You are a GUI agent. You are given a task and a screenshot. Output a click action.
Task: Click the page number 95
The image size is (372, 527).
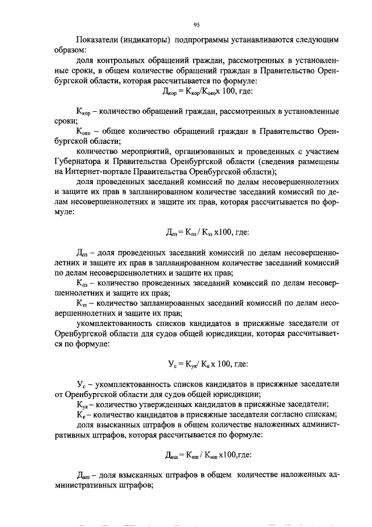coord(196,24)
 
